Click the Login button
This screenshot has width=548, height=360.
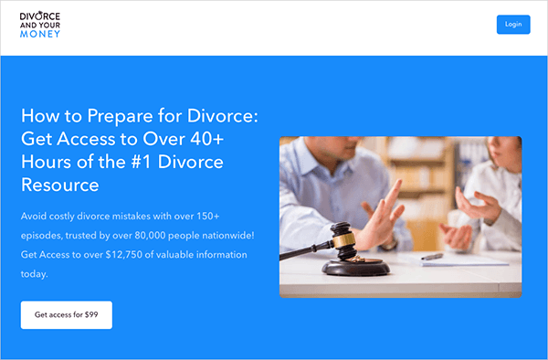pos(513,25)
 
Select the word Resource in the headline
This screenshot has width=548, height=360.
pos(59,185)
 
